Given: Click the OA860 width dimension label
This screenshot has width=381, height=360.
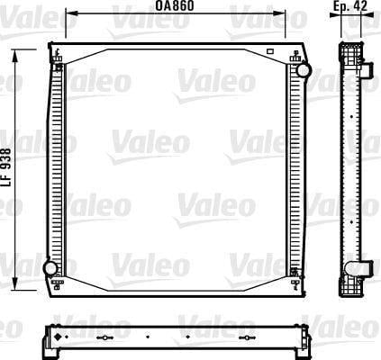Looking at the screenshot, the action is (175, 5).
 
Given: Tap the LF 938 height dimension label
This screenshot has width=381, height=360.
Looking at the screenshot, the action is (6, 167).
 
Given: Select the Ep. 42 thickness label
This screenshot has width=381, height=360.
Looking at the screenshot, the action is (350, 5).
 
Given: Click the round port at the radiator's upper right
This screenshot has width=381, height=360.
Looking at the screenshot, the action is (303, 70).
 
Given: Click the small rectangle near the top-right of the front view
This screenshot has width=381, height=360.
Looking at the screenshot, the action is (270, 51).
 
